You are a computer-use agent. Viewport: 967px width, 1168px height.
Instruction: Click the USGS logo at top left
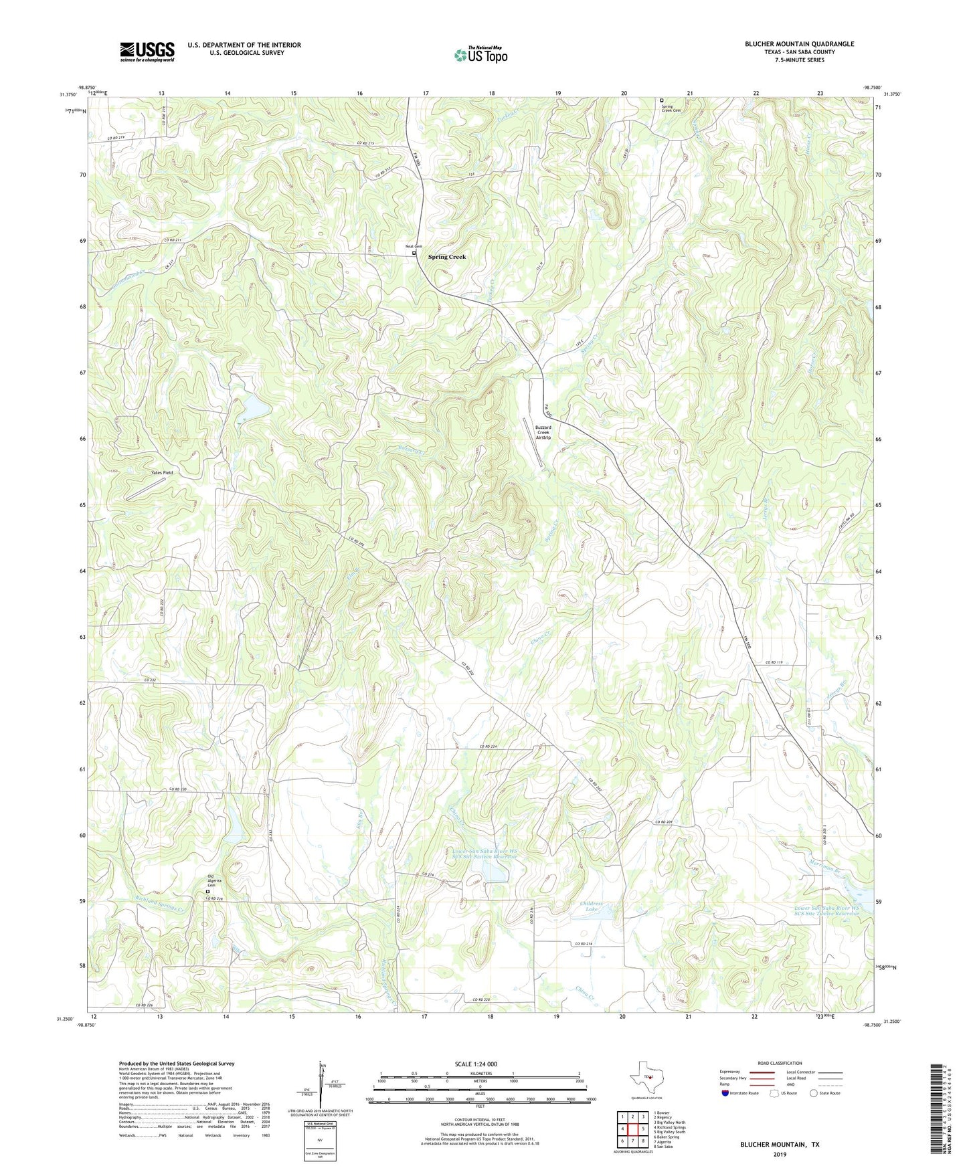tap(147, 51)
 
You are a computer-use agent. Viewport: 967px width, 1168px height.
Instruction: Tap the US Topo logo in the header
tap(480, 55)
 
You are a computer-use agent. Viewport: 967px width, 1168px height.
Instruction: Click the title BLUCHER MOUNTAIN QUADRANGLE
tap(799, 44)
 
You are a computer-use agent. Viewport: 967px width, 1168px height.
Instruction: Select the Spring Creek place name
tap(447, 257)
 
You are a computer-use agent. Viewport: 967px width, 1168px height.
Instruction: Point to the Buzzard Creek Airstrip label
tap(543, 432)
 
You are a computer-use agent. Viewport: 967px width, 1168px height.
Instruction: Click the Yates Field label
tap(161, 473)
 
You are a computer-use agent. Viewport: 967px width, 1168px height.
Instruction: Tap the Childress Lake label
tap(591, 906)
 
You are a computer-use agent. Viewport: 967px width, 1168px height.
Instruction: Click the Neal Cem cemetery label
tap(414, 247)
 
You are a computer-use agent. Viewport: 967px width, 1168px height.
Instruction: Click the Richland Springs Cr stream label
tap(159, 908)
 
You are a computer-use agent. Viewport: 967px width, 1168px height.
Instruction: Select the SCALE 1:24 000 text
tap(482, 1064)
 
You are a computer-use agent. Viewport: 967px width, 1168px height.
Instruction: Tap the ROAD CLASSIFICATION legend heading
tap(780, 1063)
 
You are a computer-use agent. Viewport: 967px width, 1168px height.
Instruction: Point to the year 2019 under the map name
tap(780, 1154)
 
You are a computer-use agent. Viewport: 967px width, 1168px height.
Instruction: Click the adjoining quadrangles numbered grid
tap(632, 1129)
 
